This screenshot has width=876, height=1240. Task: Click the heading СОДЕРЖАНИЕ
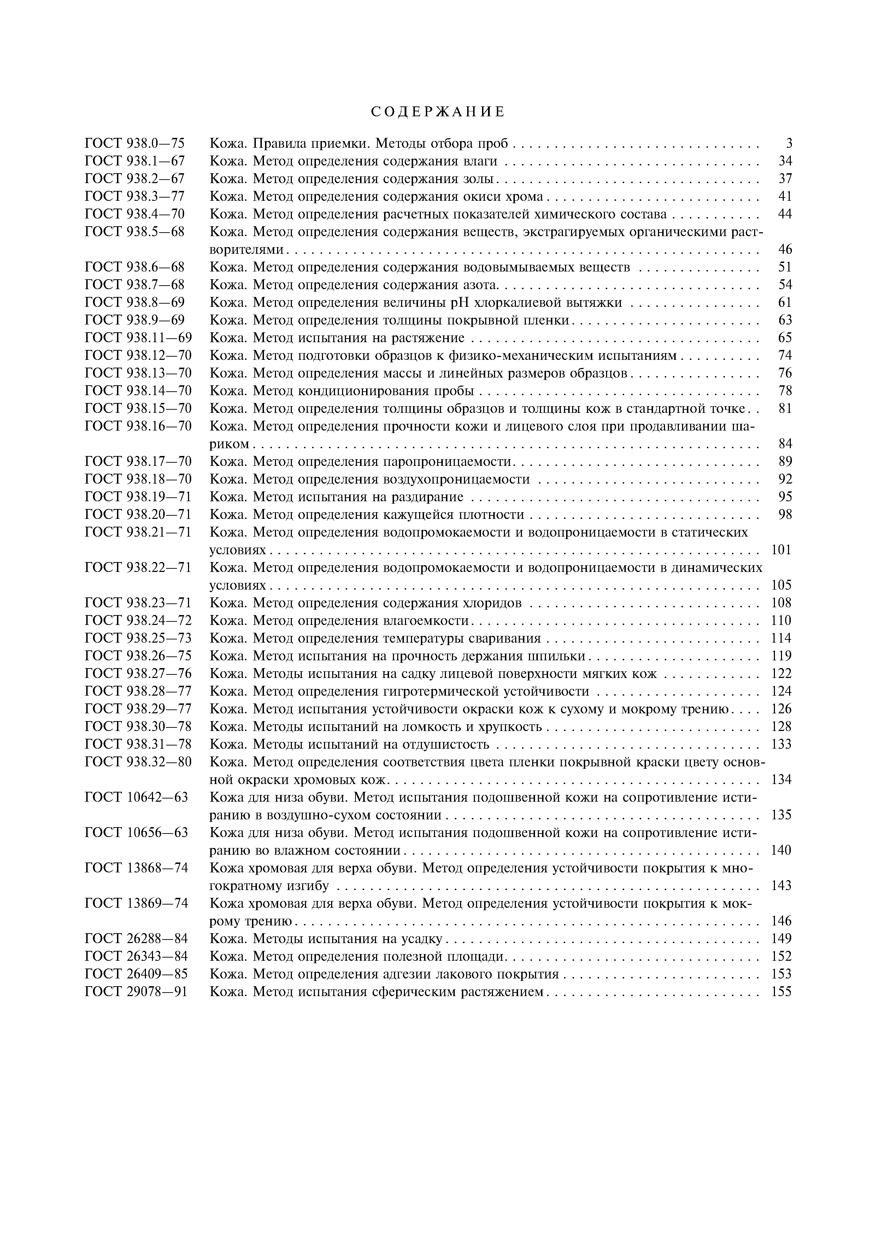pyautogui.click(x=438, y=112)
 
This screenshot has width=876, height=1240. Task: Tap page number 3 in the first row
pyautogui.click(x=789, y=144)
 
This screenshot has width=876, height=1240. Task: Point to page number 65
pyautogui.click(x=785, y=338)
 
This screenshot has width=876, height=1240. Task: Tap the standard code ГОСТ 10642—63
pyautogui.click(x=136, y=798)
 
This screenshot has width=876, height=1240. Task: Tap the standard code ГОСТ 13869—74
pyautogui.click(x=136, y=903)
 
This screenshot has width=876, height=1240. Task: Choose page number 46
pyautogui.click(x=785, y=250)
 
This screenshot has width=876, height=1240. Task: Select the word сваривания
pyautogui.click(x=508, y=639)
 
